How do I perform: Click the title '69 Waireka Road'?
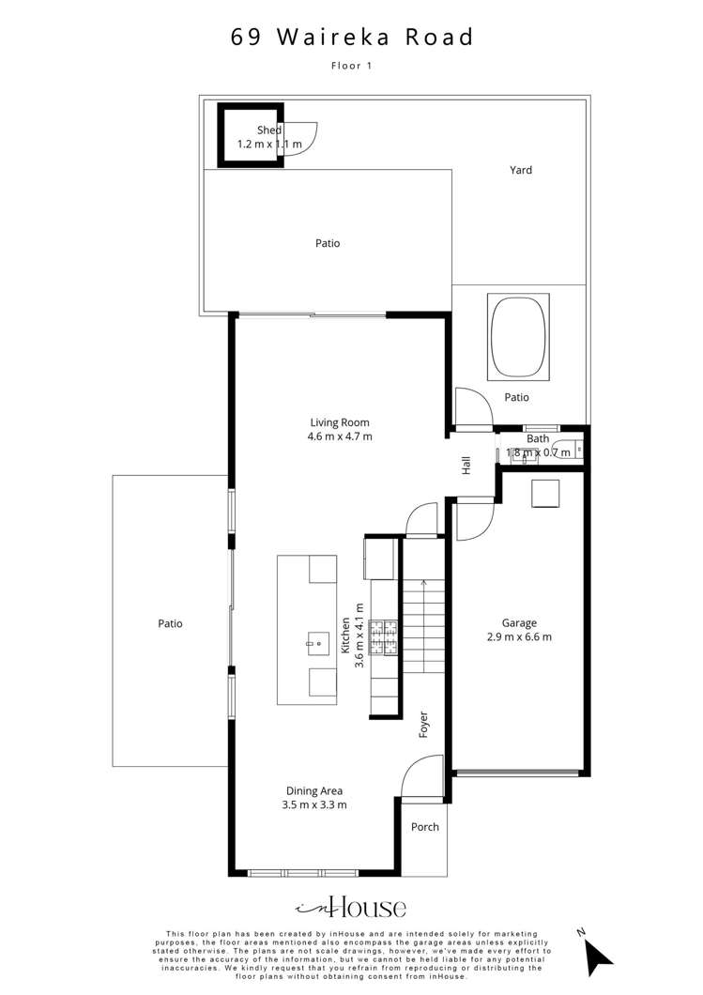tap(352, 38)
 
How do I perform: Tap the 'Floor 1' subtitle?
tap(352, 66)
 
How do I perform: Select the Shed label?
tap(269, 130)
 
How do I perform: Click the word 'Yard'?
tap(521, 170)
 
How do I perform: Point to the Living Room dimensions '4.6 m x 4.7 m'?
tap(340, 436)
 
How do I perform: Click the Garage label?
tap(519, 622)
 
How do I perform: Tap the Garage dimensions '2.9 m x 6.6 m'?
tap(519, 636)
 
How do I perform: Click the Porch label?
tap(425, 827)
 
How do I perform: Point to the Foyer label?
tap(423, 724)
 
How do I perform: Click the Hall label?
tap(466, 465)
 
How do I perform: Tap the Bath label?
tap(538, 438)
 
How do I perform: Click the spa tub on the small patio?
tap(517, 337)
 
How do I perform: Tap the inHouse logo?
tap(352, 907)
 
